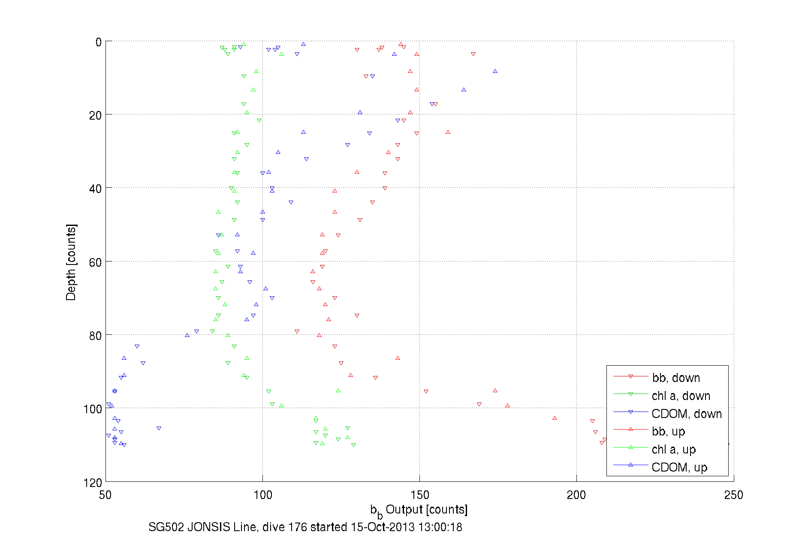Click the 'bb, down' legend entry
(x=676, y=378)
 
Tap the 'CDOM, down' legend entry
(x=686, y=414)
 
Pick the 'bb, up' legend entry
(x=668, y=431)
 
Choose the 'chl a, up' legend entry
(x=673, y=449)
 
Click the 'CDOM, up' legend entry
(x=679, y=467)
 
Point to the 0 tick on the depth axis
(x=99, y=42)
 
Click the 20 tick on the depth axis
(x=96, y=115)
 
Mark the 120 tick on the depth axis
(x=93, y=483)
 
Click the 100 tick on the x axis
(x=262, y=495)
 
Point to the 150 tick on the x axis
(x=419, y=495)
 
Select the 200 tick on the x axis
(x=576, y=495)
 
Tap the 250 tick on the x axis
(x=733, y=495)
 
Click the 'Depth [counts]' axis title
(x=71, y=262)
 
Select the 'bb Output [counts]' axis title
(x=419, y=510)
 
